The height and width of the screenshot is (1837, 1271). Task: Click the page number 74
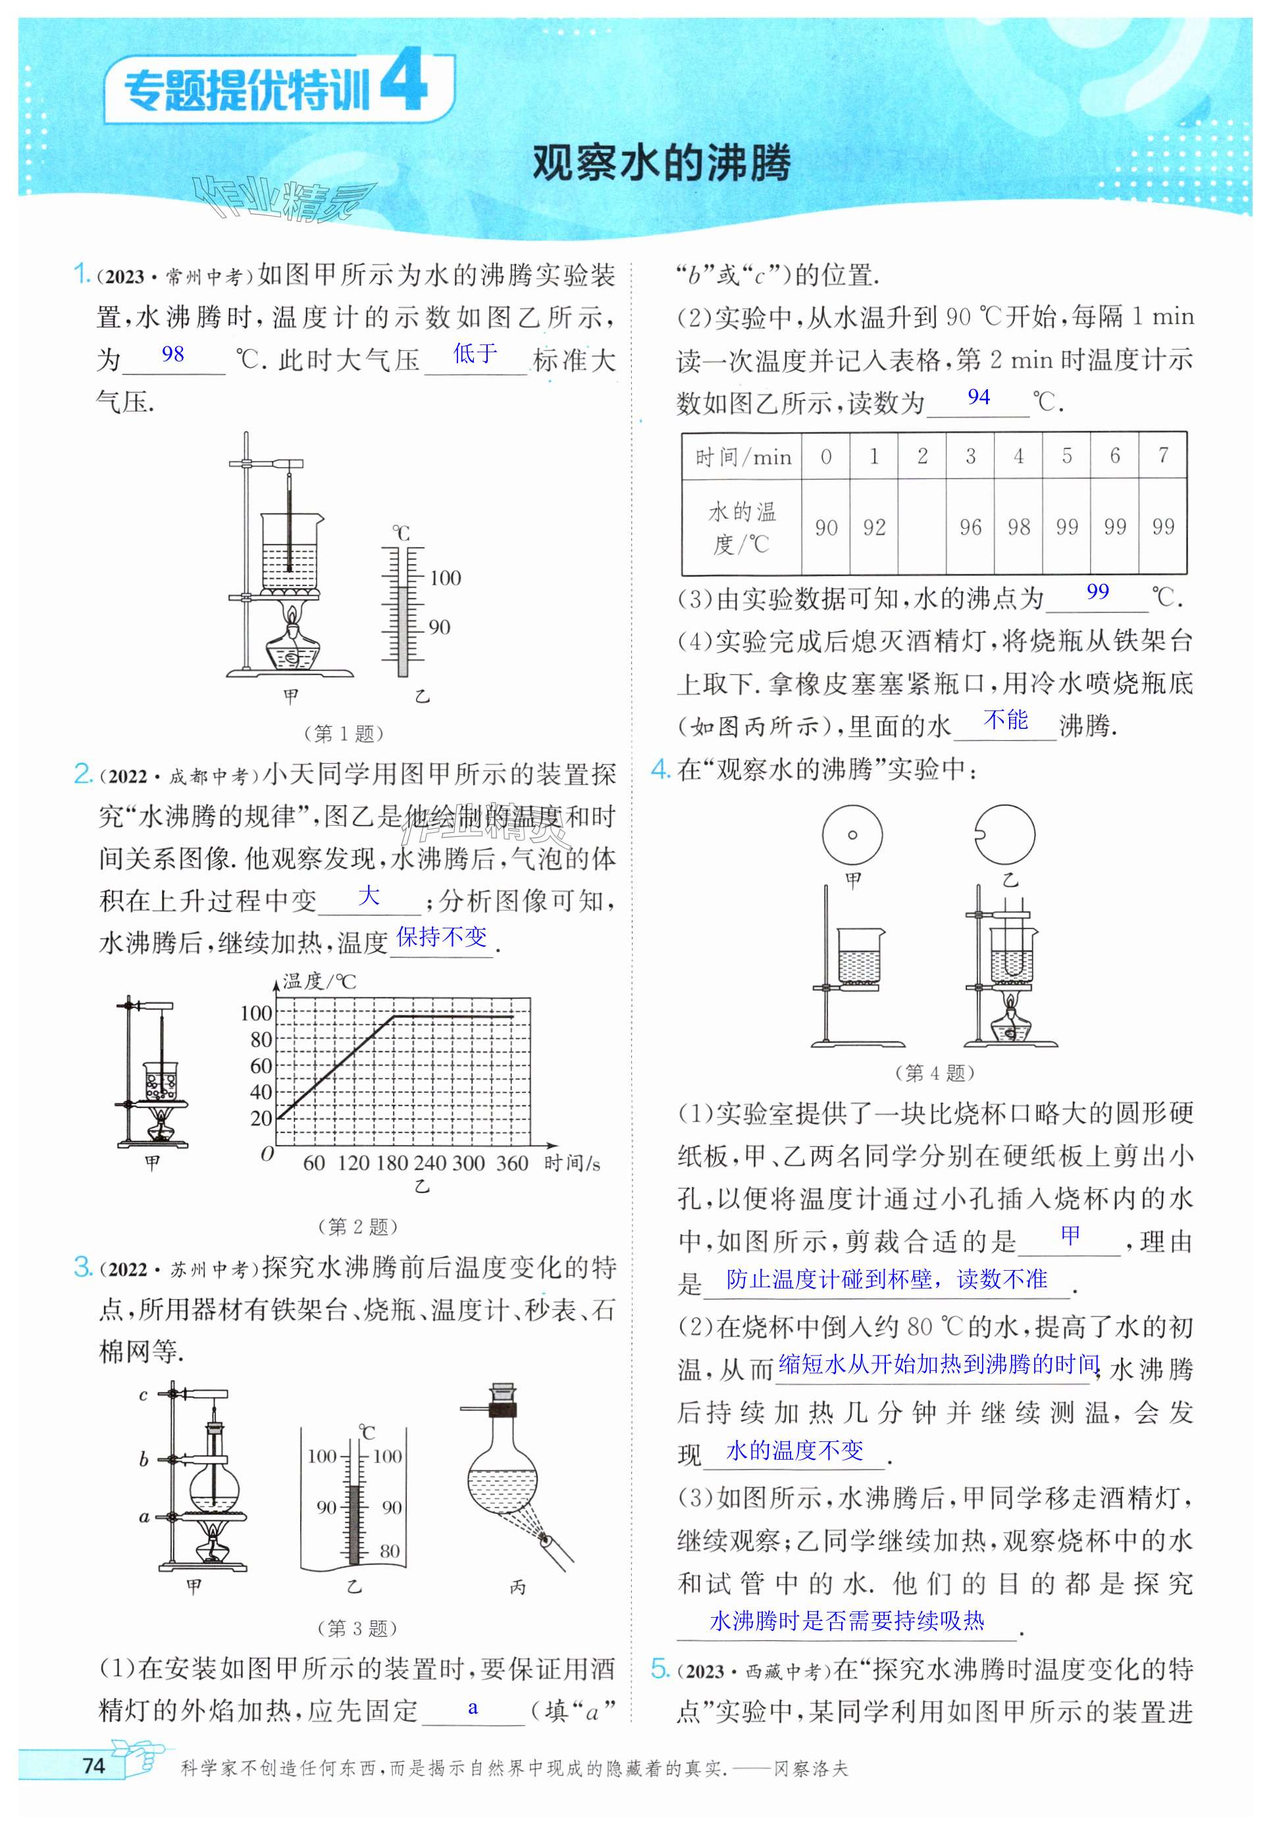[93, 1765]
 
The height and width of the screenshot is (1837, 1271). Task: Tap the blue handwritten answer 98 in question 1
[173, 354]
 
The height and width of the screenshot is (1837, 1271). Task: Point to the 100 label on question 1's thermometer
[444, 577]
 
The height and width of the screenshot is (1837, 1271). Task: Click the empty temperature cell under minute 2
[922, 527]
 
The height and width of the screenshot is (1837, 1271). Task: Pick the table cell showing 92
[873, 527]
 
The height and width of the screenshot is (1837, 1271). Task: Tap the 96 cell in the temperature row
[970, 527]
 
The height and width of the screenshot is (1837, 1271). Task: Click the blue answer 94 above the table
[979, 397]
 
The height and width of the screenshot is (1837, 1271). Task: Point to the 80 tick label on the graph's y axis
[261, 1040]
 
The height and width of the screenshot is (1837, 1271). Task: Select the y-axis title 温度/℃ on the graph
[319, 982]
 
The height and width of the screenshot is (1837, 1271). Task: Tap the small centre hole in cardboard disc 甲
[852, 835]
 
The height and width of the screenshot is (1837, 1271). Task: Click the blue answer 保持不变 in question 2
[441, 937]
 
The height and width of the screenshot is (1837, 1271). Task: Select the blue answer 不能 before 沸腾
[1006, 720]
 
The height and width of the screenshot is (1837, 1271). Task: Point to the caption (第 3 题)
[357, 1628]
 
